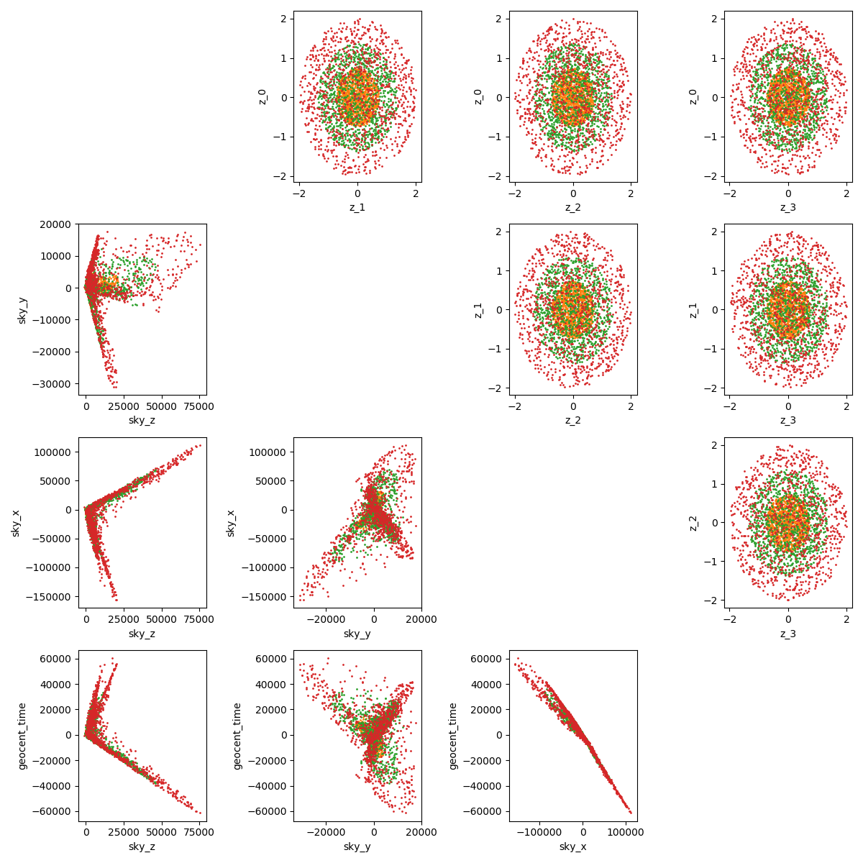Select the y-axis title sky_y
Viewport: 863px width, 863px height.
tap(22, 309)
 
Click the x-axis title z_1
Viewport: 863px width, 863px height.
tap(357, 207)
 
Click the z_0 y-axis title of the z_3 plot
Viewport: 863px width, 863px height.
tap(693, 96)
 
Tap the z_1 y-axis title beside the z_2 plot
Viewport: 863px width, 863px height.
tap(478, 309)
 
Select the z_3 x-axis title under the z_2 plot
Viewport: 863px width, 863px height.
tap(788, 634)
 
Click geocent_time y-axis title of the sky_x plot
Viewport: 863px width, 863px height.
tap(452, 736)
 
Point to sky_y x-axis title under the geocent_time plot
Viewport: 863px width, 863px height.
tap(357, 846)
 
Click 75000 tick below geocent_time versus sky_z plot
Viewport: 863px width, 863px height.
tap(199, 832)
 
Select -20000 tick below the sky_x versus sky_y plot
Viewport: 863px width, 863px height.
tap(327, 619)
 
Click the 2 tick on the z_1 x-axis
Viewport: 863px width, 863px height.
tap(416, 193)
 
